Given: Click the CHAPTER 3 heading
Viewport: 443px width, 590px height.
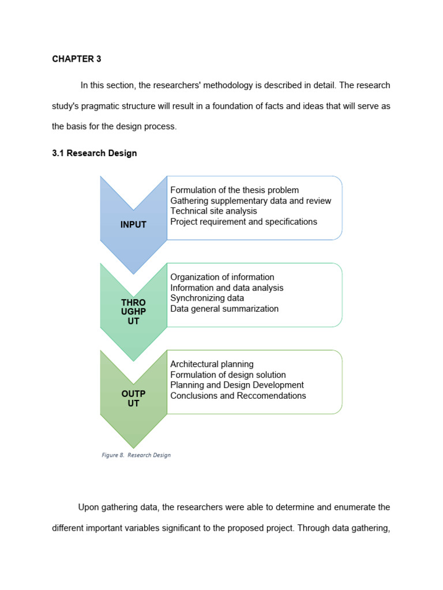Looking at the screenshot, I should [x=73, y=59].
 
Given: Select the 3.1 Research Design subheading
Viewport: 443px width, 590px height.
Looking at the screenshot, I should [x=95, y=154].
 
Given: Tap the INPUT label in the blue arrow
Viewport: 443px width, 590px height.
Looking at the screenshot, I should [x=133, y=225].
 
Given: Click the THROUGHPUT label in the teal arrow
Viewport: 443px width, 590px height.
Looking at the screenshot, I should [x=133, y=312].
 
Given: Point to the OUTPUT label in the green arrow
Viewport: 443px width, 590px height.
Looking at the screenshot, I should [x=133, y=399].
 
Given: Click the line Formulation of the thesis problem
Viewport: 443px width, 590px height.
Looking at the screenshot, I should [x=235, y=190].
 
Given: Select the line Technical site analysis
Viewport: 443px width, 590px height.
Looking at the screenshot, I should [x=214, y=211].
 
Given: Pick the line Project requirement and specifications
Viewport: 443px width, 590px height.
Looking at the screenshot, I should [x=243, y=221].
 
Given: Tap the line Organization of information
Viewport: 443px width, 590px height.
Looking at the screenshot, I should [x=222, y=277].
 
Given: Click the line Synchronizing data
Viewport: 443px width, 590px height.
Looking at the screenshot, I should [x=207, y=298].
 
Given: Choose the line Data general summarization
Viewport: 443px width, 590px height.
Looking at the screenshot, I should [x=224, y=309].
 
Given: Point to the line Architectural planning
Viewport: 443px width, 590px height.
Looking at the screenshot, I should [x=212, y=364].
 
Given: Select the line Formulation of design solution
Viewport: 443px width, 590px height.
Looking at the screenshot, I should [x=228, y=375].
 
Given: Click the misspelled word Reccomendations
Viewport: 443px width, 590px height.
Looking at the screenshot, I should [x=271, y=396].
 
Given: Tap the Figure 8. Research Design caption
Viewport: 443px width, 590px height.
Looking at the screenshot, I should [x=136, y=455].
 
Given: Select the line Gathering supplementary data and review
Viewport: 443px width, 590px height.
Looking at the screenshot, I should [x=251, y=201].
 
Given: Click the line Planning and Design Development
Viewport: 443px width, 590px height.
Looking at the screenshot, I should [x=237, y=385].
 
